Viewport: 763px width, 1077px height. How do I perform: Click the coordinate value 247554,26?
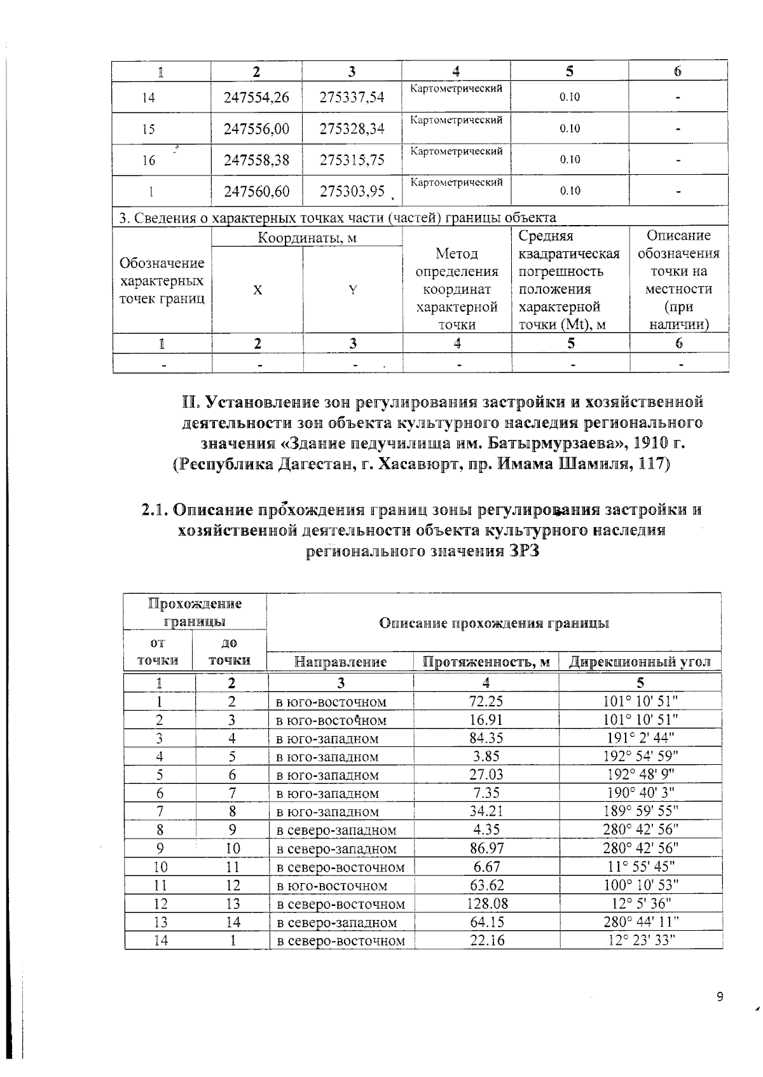pyautogui.click(x=256, y=97)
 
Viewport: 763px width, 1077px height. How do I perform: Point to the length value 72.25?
pyautogui.click(x=486, y=701)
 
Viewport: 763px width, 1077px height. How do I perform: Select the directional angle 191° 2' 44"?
pyautogui.click(x=640, y=738)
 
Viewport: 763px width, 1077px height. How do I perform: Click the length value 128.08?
pyautogui.click(x=486, y=903)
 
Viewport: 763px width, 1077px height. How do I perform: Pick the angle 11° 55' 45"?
pyautogui.click(x=640, y=867)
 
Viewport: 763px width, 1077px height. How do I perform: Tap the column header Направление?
pyautogui.click(x=341, y=662)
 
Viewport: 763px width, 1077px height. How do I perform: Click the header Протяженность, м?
pyautogui.click(x=486, y=662)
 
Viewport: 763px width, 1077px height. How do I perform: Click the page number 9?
pyautogui.click(x=720, y=997)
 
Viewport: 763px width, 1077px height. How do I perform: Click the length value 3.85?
pyautogui.click(x=486, y=757)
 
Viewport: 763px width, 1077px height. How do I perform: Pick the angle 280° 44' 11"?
pyautogui.click(x=640, y=922)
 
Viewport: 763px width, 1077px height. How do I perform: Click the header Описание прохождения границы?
pyautogui.click(x=494, y=623)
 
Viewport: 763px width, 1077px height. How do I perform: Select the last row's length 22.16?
pyautogui.click(x=486, y=940)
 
